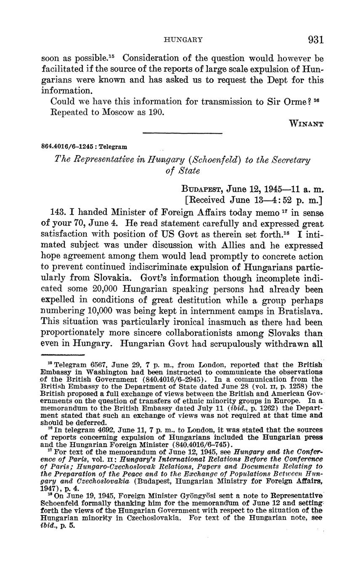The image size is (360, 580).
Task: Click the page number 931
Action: click(315, 40)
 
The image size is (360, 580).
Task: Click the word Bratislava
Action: click(302, 311)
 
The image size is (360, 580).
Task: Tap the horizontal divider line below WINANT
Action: click(183, 133)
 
